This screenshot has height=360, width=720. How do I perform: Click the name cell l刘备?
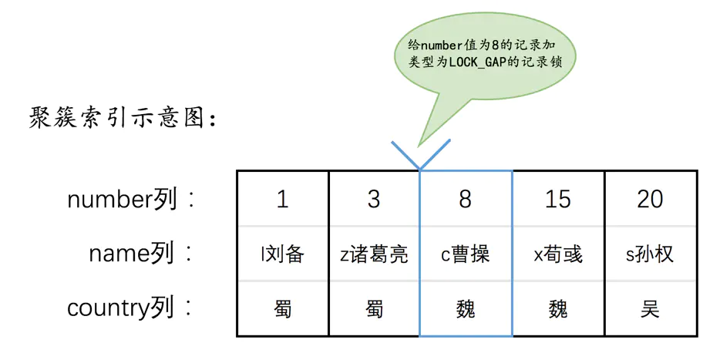tap(282, 254)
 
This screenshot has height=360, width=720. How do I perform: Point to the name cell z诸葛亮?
tap(374, 254)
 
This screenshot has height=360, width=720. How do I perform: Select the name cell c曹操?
tap(466, 254)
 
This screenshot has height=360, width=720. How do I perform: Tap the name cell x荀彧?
tap(558, 254)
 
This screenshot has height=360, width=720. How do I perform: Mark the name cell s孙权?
tap(650, 254)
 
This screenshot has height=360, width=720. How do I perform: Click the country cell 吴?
tap(650, 309)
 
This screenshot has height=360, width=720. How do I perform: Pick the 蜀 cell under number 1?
tap(282, 309)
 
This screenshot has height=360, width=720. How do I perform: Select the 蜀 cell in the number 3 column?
tap(374, 309)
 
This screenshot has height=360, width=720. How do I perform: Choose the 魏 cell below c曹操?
tap(466, 309)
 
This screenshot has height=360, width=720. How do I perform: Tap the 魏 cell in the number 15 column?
tap(558, 309)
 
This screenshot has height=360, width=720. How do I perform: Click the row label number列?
tap(122, 200)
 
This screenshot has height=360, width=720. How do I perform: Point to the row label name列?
tap(133, 254)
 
